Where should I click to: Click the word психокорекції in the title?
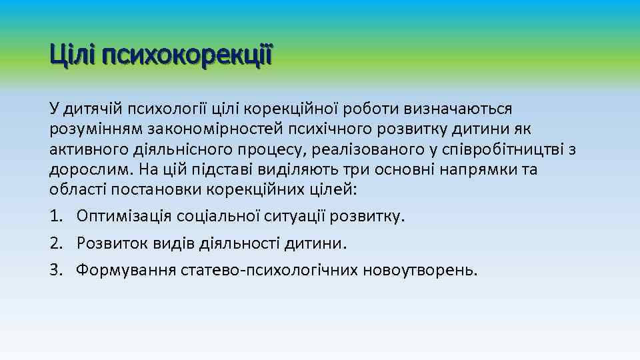pos(187,55)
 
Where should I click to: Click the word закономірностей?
pos(197,129)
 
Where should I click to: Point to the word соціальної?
pos(210,217)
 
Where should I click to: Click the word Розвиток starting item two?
pos(107,243)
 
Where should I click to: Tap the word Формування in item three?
pos(126,270)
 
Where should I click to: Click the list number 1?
pos(55,217)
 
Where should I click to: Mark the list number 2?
pos(55,243)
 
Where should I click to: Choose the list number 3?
pos(55,270)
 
